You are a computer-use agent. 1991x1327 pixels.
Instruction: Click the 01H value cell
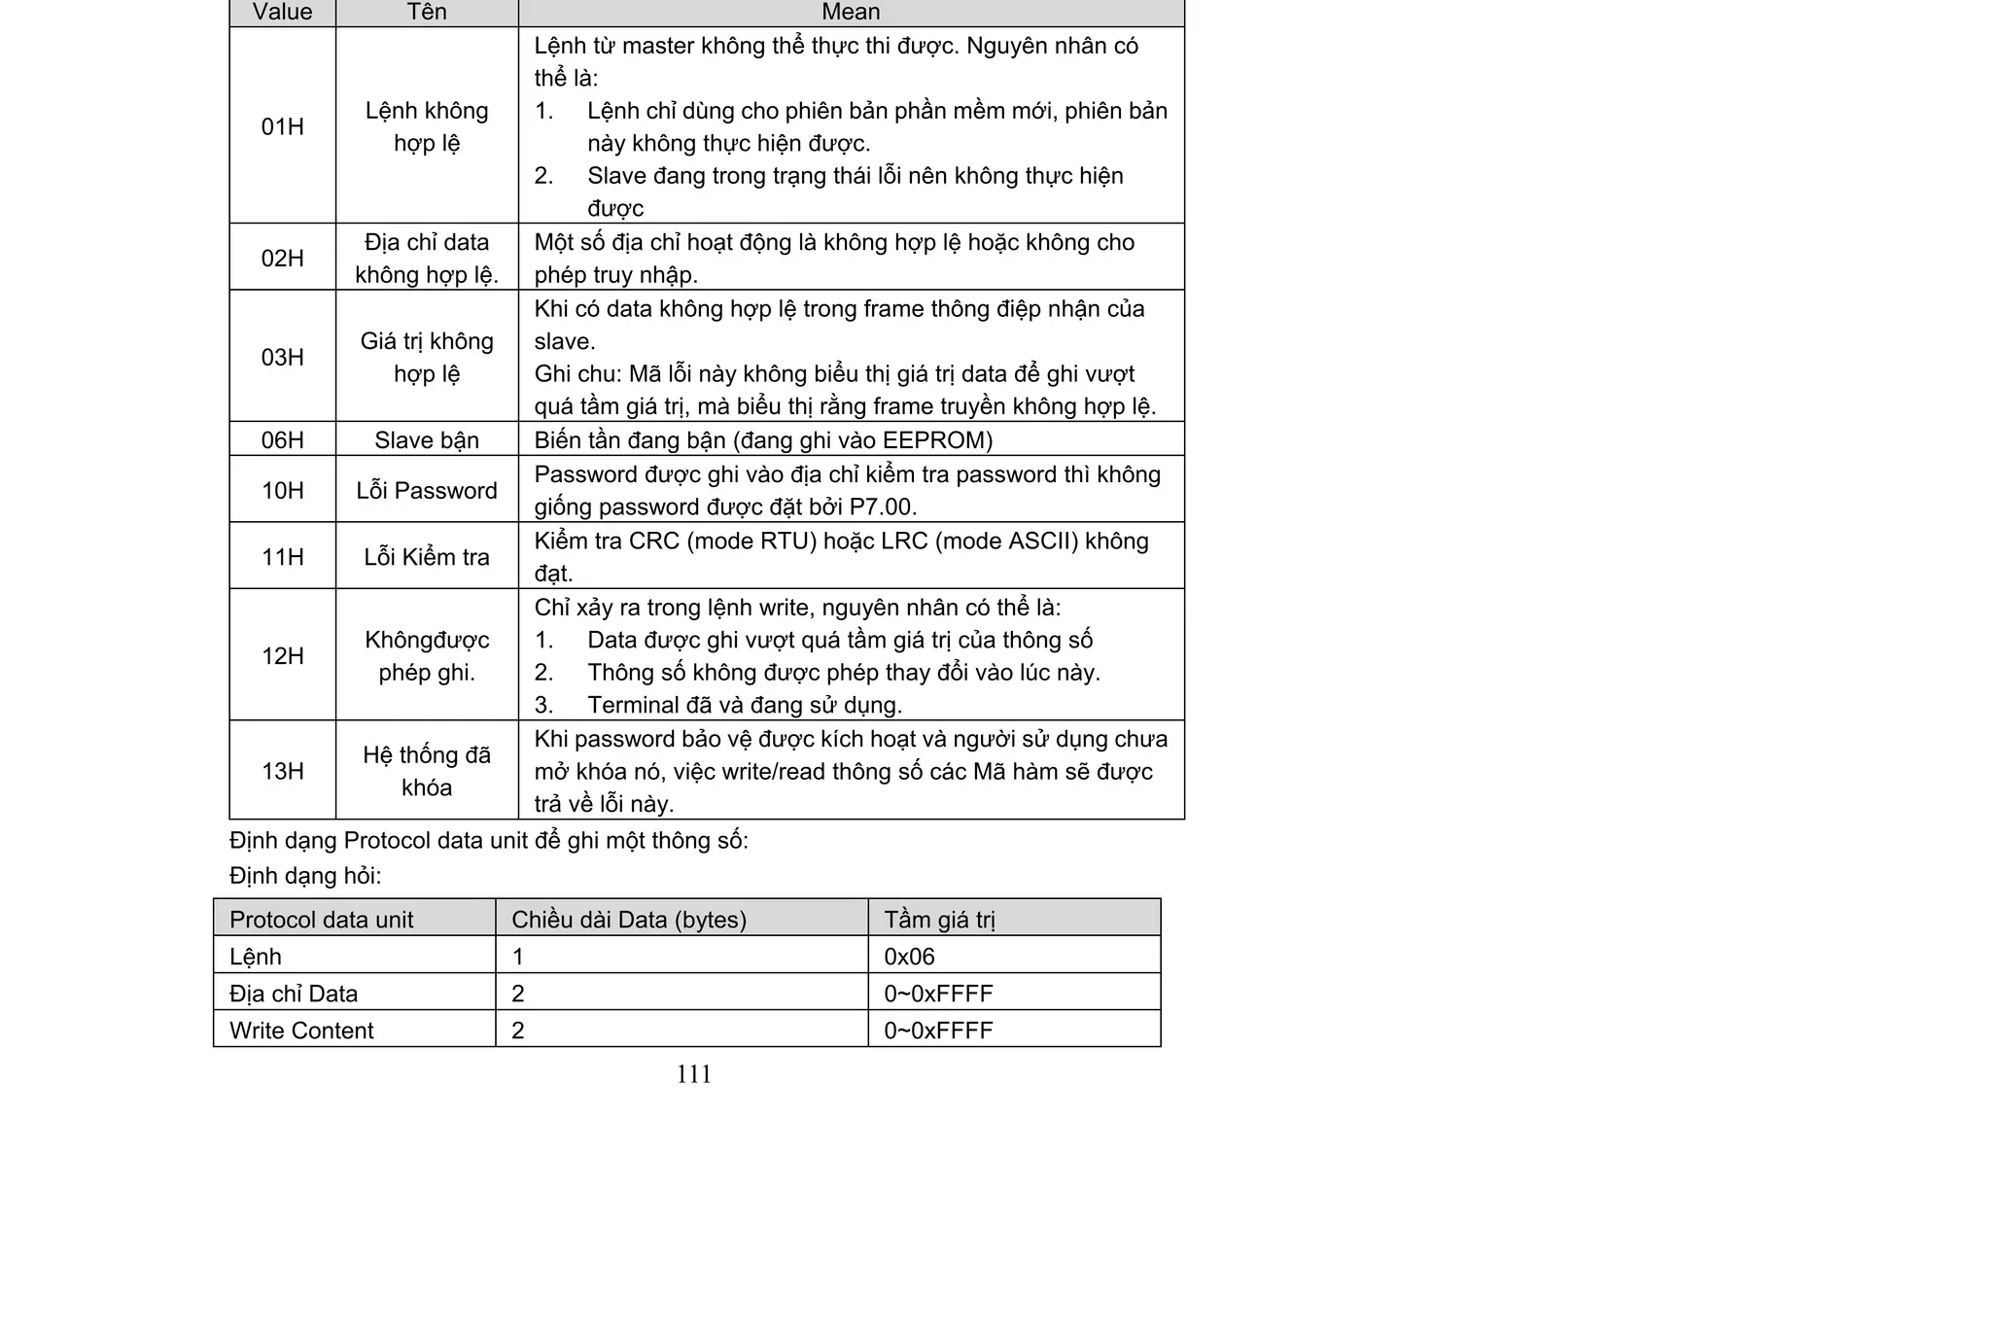282,126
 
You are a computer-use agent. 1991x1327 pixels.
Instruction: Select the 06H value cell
282,439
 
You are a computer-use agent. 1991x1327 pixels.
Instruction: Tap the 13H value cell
282,771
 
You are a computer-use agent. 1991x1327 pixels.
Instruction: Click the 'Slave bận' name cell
427,439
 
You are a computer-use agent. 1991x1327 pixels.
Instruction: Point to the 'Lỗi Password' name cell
427,490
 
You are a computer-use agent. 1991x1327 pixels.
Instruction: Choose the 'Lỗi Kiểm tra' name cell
427,556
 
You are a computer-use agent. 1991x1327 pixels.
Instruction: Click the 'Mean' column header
851,12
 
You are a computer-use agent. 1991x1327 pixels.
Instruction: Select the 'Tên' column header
427,12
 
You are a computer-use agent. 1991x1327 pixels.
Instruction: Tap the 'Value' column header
282,12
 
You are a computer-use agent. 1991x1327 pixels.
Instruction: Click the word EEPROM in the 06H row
936,440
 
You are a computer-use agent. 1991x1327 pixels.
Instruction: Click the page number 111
693,1073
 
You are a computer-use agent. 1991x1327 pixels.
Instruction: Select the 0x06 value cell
909,957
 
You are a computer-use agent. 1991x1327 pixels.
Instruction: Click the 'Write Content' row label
301,1030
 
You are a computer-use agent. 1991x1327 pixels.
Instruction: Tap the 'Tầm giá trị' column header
939,920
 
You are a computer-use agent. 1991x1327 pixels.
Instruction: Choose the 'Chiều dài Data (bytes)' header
629,920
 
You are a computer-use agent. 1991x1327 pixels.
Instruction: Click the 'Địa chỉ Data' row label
294,994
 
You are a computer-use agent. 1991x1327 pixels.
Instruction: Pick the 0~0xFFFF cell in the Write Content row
938,1030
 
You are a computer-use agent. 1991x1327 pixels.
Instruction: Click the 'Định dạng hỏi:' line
305,876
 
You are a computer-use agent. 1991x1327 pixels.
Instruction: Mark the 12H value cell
282,655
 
